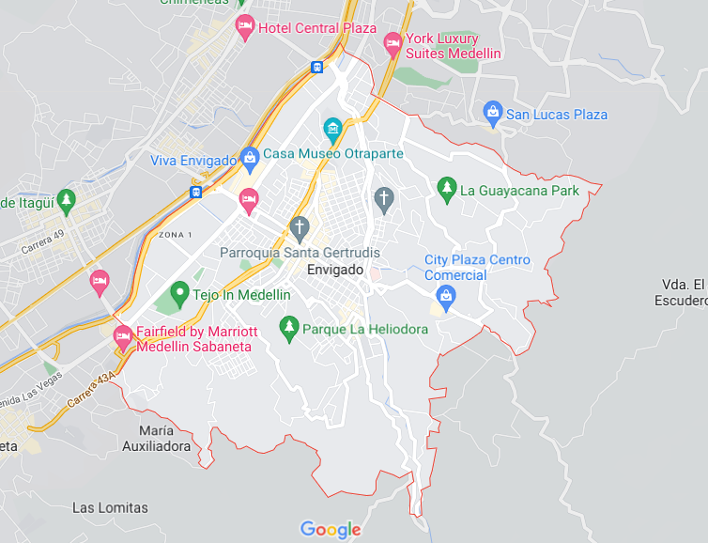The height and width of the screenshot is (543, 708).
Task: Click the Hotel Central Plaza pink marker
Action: click(245, 26)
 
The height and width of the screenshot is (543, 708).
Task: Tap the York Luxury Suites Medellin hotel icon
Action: click(392, 42)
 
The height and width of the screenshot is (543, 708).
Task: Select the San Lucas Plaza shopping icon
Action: click(492, 114)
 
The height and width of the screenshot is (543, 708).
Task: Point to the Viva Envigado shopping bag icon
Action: click(249, 159)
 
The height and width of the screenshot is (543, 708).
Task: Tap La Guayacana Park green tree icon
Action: click(447, 189)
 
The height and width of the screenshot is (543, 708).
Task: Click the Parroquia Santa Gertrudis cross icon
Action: click(300, 226)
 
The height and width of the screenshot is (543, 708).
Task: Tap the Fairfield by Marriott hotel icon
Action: click(122, 335)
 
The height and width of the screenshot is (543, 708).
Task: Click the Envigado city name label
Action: click(335, 270)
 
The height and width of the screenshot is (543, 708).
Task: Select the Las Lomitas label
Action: click(110, 507)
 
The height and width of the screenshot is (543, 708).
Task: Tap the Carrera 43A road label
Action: click(92, 388)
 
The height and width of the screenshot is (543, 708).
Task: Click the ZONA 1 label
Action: click(176, 234)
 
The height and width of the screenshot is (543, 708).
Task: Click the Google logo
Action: click(331, 530)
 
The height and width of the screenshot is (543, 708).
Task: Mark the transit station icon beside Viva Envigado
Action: click(195, 192)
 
